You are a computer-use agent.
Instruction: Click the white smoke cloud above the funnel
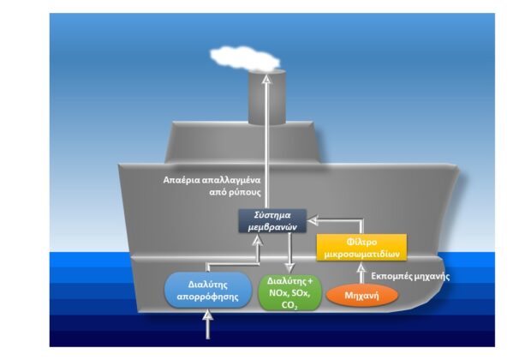[245, 59]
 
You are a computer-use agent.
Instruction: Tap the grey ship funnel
[267, 98]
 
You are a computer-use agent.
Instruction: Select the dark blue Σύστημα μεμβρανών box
[272, 221]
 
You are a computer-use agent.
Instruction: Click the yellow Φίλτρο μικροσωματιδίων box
[361, 248]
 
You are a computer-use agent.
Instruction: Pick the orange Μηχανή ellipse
[361, 295]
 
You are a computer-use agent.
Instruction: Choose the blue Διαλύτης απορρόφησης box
[208, 291]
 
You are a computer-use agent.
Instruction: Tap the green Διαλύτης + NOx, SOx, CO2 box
[289, 293]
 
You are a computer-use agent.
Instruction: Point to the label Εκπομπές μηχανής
[410, 276]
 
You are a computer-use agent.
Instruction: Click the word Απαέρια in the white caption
[182, 180]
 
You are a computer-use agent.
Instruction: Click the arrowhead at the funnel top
[267, 79]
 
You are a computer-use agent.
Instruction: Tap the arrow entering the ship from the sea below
[208, 325]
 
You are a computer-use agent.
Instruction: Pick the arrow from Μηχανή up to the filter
[361, 273]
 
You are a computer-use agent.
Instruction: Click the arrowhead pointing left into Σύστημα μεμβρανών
[313, 220]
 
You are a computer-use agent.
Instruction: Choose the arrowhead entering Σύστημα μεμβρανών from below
[258, 241]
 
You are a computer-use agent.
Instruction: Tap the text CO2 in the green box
[289, 305]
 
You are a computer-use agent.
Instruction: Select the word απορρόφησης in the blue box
[208, 297]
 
